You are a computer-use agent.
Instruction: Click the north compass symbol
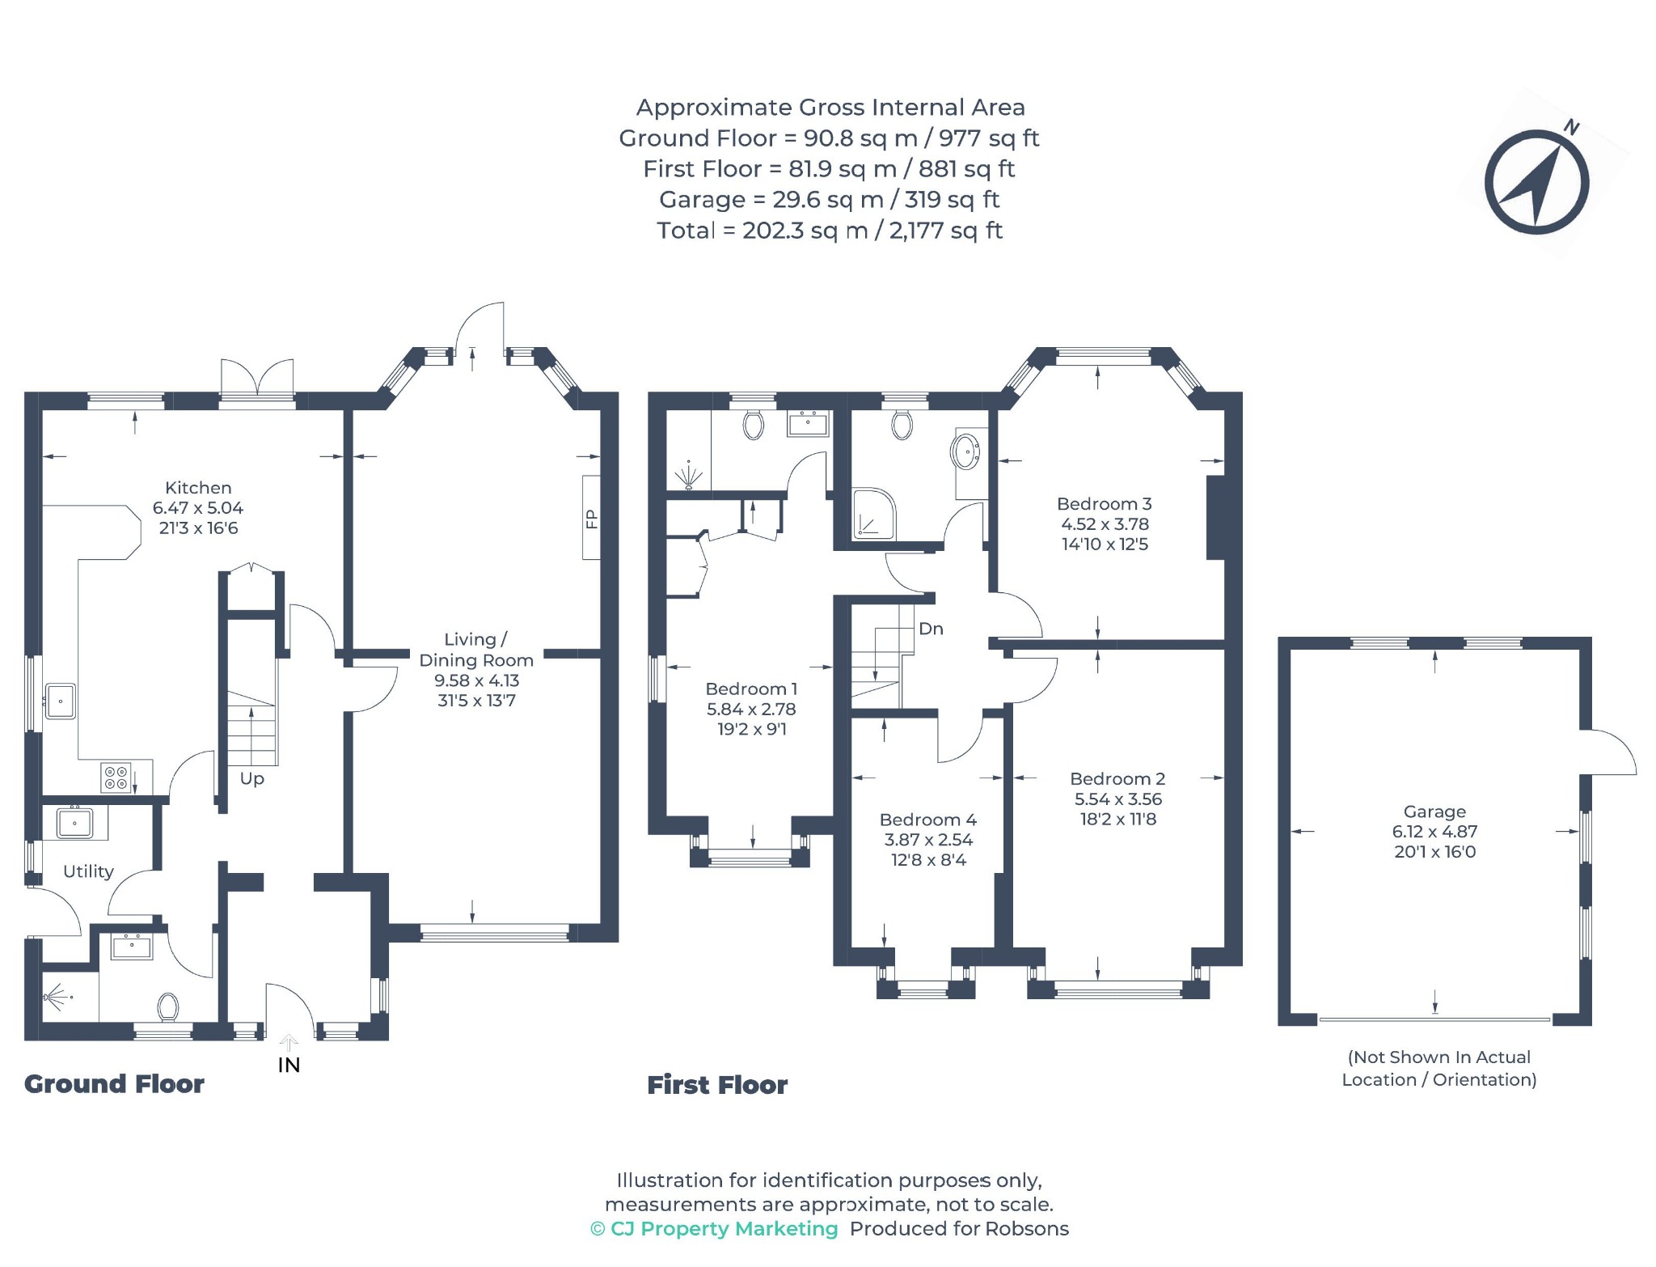point(1536,182)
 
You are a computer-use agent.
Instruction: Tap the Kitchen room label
point(198,488)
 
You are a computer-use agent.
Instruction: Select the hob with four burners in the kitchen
point(116,778)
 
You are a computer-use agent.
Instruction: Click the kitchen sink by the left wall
point(61,701)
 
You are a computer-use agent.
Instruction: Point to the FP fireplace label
point(591,519)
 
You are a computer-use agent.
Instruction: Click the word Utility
point(88,871)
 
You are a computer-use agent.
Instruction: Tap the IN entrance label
point(289,1065)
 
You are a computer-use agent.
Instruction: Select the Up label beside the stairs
point(251,778)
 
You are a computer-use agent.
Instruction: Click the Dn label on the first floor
point(931,629)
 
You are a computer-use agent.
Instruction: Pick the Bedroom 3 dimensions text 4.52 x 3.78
point(1105,524)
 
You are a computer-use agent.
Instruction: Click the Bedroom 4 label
point(928,820)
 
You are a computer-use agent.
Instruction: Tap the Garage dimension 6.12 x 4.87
point(1434,832)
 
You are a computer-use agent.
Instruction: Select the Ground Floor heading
point(114,1084)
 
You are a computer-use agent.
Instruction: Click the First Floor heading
point(717,1085)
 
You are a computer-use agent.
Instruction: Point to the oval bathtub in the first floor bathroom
point(965,452)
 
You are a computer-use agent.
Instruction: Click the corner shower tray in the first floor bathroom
point(874,514)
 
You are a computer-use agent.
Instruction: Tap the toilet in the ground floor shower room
point(168,1007)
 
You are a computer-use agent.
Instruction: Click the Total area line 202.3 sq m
point(830,231)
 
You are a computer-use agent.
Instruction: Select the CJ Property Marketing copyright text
point(714,1229)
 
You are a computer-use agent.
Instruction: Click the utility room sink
point(74,823)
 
